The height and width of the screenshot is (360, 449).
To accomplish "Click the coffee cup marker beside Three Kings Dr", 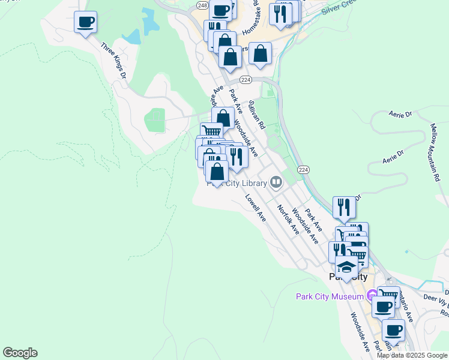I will click(85, 23).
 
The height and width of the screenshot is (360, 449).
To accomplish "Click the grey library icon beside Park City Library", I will click(276, 181).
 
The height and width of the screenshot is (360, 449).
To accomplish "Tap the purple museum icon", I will click(372, 295).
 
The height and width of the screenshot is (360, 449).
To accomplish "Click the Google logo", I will click(20, 353).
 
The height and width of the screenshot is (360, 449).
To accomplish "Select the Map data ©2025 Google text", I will click(412, 355).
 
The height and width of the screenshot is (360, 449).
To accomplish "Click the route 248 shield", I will click(201, 5).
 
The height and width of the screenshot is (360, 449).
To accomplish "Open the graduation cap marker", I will click(346, 267).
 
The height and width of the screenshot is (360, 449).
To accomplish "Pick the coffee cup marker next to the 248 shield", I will click(221, 10).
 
